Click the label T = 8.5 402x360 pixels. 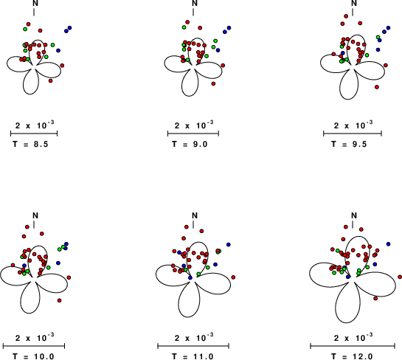point(30,144)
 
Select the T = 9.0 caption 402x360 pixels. point(190,144)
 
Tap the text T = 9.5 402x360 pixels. point(349,144)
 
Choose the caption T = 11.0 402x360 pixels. point(193,356)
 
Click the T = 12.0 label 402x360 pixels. point(352,356)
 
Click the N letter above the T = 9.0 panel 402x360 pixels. point(195,3)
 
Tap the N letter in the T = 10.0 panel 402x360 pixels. point(35,215)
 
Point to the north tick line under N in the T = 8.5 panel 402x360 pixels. point(34,12)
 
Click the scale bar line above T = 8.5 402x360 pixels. point(34,134)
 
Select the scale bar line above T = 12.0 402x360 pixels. point(353,346)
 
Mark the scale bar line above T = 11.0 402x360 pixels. point(193,346)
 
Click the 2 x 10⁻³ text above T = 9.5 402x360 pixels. point(353,125)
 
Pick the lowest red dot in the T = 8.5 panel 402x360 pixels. point(50,80)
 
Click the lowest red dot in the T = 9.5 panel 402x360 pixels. point(377,87)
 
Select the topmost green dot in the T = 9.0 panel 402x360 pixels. point(184,27)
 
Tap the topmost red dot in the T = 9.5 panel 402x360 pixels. point(346,16)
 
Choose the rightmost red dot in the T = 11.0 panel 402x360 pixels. point(233,277)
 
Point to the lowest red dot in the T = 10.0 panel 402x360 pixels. point(60,300)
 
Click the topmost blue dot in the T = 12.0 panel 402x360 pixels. point(388,244)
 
